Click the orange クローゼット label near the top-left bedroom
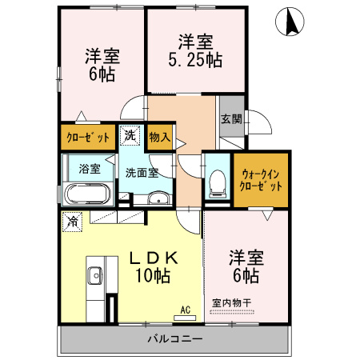[87, 137]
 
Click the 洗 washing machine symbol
[129, 137]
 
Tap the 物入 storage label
[159, 137]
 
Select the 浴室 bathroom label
[90, 169]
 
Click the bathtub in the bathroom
[88, 194]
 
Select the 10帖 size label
[151, 277]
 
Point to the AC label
[184, 310]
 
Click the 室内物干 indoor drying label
[232, 303]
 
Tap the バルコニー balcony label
[174, 339]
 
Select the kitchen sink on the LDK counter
[92, 273]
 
